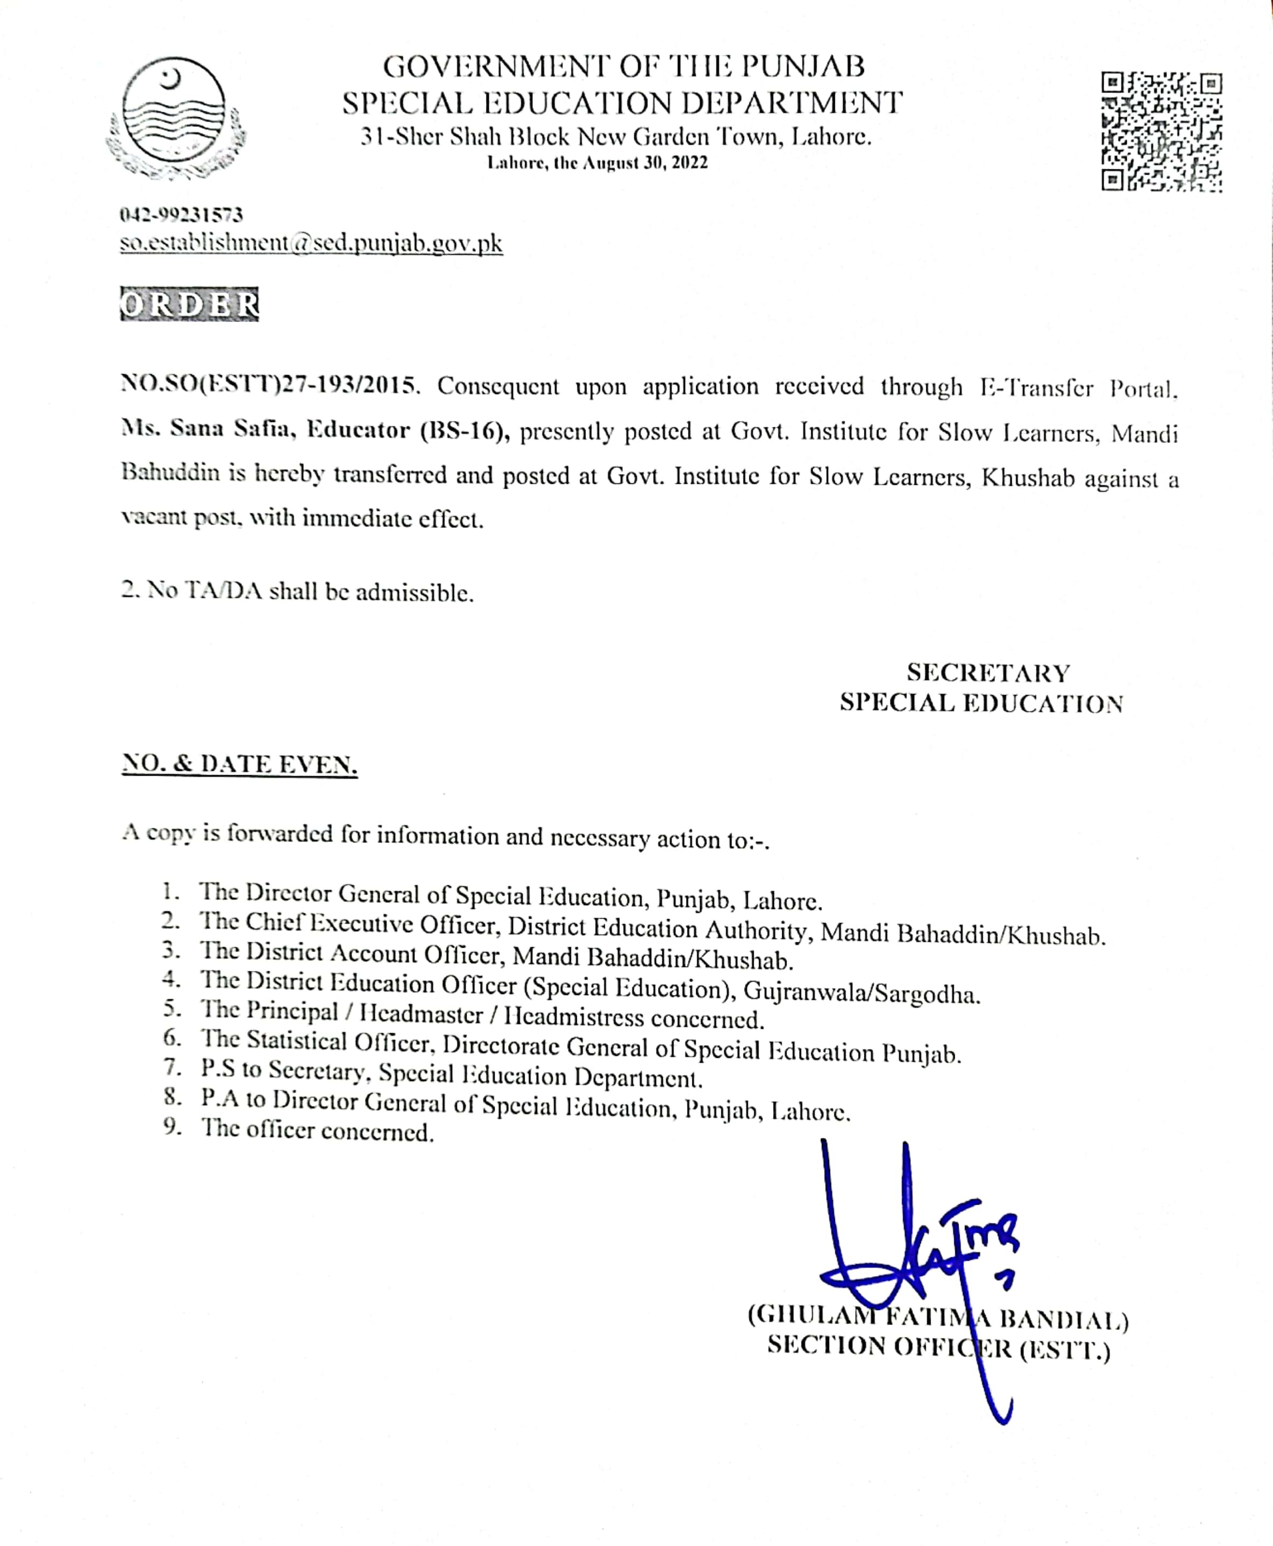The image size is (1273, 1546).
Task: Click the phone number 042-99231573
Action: click(181, 215)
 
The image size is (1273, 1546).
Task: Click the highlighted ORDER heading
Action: click(189, 304)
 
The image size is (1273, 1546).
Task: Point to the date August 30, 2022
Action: click(645, 163)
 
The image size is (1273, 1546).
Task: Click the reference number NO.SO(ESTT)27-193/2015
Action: click(270, 385)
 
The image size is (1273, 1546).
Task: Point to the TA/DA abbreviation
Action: click(224, 591)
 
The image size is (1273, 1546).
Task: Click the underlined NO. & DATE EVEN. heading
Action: click(239, 764)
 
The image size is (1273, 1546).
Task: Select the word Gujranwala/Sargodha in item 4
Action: click(861, 994)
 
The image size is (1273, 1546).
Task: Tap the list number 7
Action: click(173, 1068)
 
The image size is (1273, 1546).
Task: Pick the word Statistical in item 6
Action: click(296, 1040)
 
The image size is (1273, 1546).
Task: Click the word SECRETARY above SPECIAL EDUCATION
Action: click(988, 672)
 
